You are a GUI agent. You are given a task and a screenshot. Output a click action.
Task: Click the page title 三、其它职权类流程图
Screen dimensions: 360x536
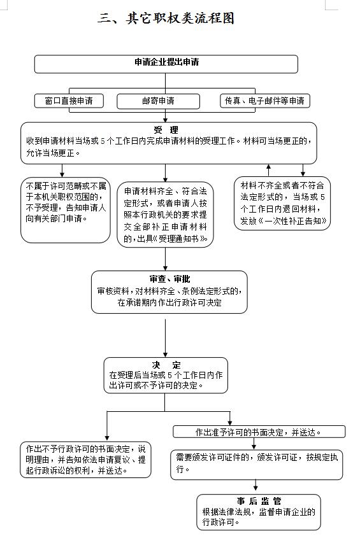166,18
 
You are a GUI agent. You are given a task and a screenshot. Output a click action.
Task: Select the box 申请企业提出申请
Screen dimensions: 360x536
166,64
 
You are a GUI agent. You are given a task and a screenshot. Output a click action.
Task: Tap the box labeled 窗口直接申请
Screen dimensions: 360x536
69,101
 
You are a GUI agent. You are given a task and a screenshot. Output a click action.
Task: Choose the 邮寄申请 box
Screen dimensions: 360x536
158,101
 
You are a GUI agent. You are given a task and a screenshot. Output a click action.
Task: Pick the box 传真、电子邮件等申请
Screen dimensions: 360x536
265,101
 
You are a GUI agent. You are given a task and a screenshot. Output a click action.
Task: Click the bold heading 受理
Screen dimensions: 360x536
166,130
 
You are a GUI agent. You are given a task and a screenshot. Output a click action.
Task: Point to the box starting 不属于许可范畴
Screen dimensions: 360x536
66,210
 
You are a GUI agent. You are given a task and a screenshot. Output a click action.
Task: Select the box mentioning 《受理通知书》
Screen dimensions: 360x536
165,215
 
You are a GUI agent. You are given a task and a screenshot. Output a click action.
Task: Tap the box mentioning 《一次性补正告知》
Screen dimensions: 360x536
282,203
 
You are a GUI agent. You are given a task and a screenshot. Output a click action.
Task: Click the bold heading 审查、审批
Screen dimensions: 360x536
169,279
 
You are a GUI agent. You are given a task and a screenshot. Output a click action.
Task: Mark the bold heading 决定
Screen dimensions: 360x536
166,365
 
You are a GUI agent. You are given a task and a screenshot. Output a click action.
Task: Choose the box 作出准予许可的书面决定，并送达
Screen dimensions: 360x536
259,432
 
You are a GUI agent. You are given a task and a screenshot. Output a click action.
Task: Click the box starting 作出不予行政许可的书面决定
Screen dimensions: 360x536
85,460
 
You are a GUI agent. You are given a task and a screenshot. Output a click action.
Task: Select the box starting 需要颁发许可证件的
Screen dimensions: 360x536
257,465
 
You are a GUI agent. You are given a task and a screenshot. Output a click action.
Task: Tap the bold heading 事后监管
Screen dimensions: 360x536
259,501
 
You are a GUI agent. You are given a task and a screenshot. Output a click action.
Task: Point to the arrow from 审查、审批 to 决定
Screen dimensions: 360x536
165,339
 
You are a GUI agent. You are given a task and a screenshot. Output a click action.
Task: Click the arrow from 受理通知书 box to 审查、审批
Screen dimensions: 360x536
165,259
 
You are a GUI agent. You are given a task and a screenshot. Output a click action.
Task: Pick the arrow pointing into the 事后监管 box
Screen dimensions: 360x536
256,485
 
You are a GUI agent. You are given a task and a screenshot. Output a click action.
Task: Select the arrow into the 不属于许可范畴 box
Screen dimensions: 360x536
62,171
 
